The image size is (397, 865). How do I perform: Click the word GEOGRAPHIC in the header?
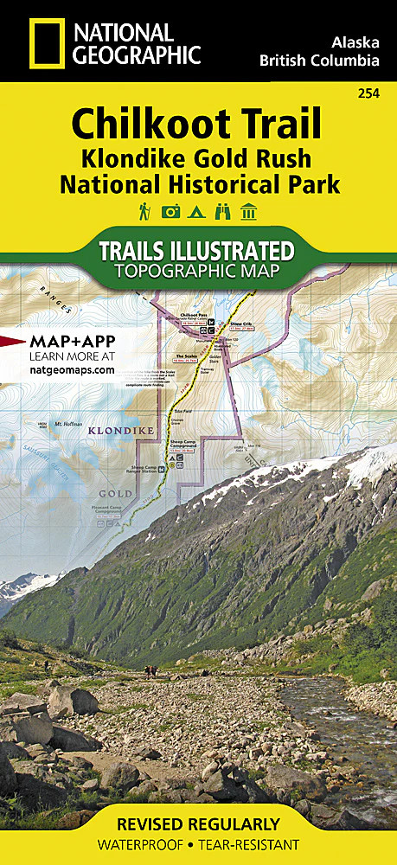(138, 56)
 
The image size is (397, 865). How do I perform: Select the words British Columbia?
(319, 61)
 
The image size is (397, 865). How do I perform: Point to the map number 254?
(370, 93)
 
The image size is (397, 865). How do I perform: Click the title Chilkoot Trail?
(196, 125)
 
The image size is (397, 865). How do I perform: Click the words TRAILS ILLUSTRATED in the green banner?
(197, 252)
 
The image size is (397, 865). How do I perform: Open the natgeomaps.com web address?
(71, 369)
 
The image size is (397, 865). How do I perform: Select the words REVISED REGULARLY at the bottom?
(197, 823)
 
